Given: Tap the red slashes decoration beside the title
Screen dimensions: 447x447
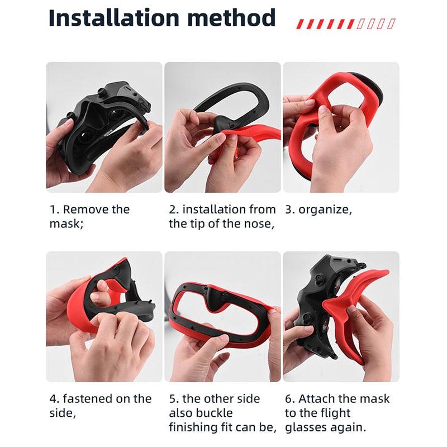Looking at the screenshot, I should pyautogui.click(x=346, y=23).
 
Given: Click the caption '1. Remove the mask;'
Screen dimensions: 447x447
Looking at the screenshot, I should pyautogui.click(x=89, y=216).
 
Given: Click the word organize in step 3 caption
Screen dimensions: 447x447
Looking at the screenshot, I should pyautogui.click(x=324, y=210).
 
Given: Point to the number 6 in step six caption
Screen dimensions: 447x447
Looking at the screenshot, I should pyautogui.click(x=288, y=398).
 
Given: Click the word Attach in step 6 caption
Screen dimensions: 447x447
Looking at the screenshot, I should pyautogui.click(x=317, y=398).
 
